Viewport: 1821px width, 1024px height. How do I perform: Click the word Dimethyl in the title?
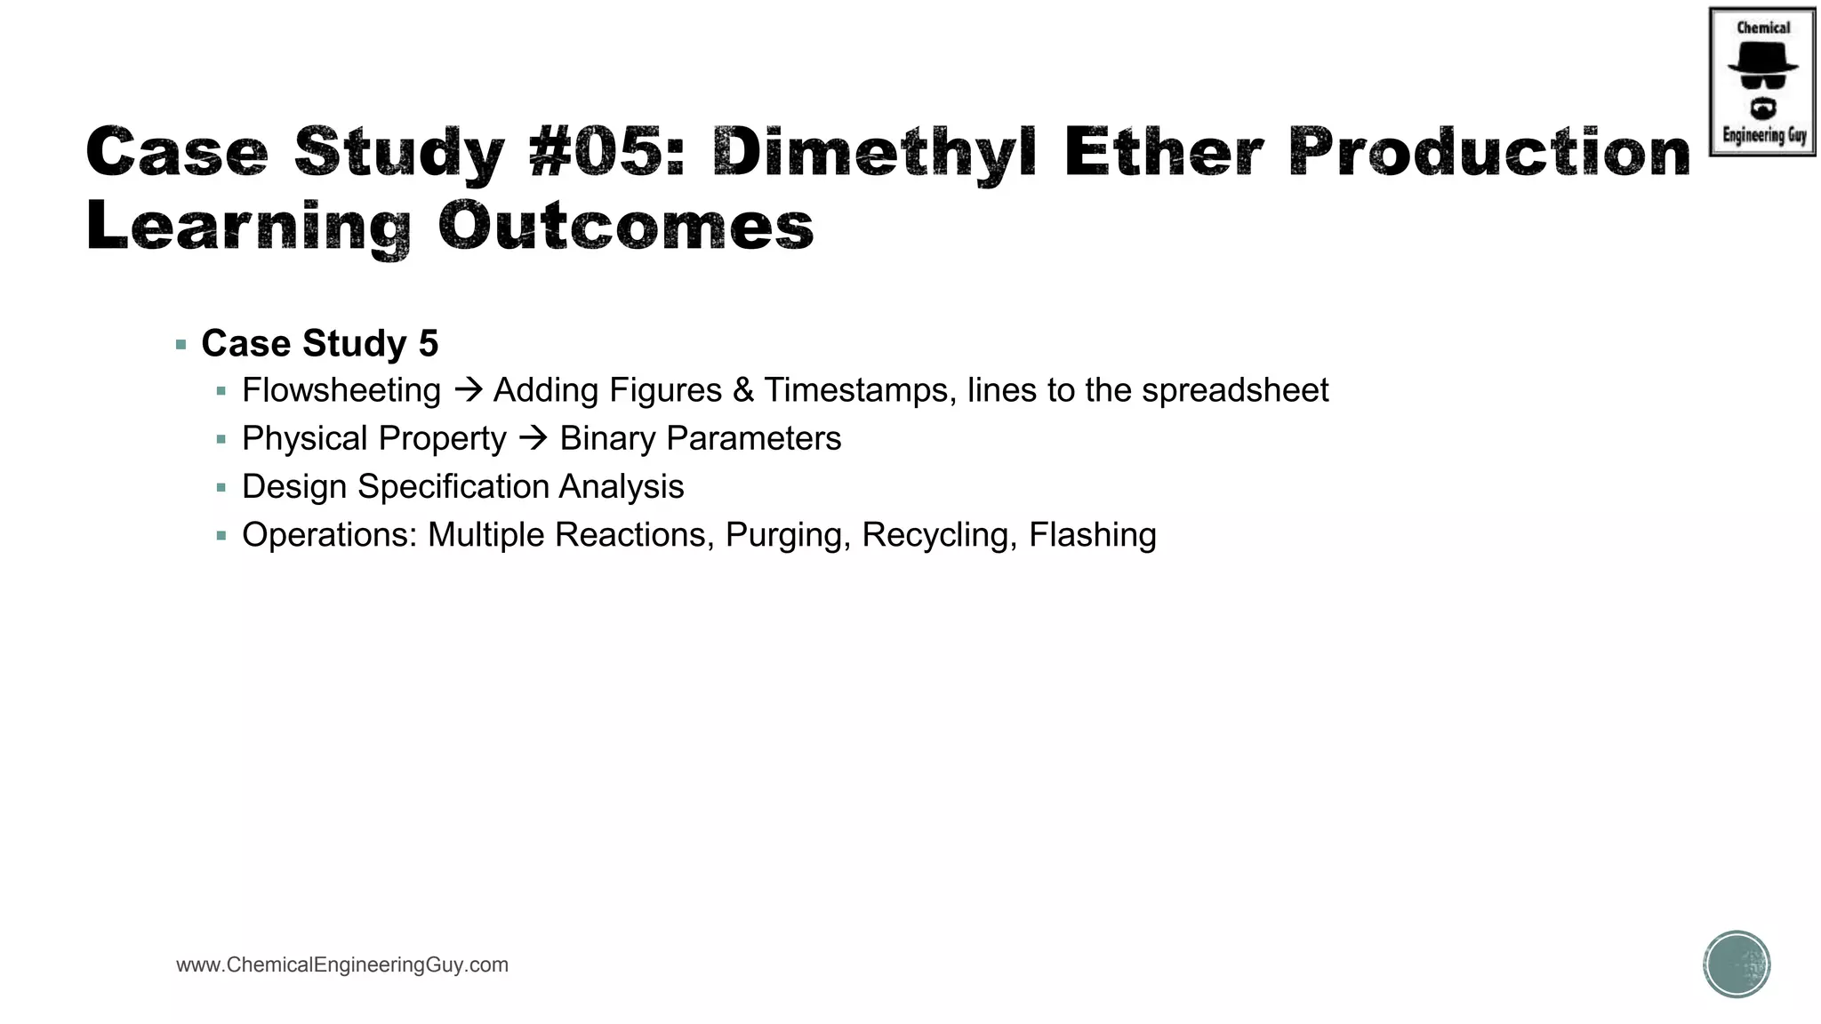(873, 153)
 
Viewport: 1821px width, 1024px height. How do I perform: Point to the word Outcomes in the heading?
(626, 226)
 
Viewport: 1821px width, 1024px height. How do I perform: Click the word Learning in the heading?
(249, 228)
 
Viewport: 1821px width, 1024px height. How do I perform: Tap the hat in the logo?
(1762, 57)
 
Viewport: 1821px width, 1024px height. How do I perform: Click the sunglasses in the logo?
(1762, 82)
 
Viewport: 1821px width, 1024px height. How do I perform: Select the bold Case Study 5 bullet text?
(320, 344)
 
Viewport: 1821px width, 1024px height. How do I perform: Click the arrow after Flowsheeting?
(468, 390)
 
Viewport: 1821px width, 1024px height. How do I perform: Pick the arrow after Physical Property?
(533, 438)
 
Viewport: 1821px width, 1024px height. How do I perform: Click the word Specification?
(453, 487)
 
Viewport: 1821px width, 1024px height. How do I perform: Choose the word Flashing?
(1093, 535)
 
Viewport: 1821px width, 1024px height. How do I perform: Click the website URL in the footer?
(342, 965)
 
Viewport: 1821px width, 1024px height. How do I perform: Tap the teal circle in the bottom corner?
(1737, 964)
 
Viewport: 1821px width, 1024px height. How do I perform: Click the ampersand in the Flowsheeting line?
(743, 390)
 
